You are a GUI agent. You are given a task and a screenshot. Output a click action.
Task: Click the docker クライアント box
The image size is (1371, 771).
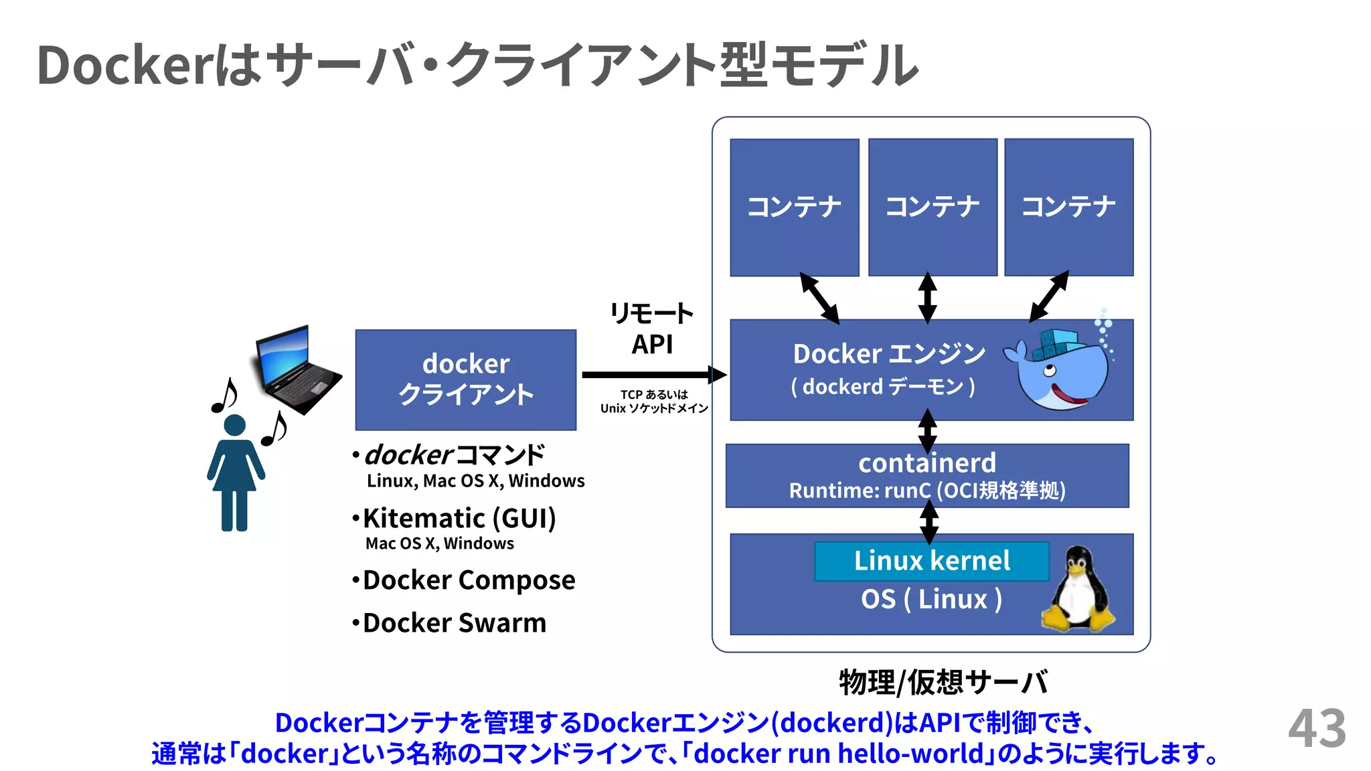click(465, 379)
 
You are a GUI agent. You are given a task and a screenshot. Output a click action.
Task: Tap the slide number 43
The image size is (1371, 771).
click(1316, 729)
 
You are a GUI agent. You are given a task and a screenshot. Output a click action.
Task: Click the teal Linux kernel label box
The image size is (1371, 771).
click(931, 561)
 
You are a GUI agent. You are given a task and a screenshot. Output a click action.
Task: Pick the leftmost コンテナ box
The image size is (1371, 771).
click(794, 207)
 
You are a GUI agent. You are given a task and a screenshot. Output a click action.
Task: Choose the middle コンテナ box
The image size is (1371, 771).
click(932, 207)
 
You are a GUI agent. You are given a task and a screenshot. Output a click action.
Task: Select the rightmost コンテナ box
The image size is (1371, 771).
click(1068, 207)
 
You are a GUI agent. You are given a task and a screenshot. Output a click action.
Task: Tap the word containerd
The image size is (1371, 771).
click(926, 463)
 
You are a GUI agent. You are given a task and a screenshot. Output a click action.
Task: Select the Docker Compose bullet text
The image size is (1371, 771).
click(468, 580)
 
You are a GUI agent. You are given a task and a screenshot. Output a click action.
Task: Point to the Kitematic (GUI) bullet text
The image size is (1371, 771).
click(459, 519)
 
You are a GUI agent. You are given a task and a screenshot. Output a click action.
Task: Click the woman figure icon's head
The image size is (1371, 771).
click(234, 426)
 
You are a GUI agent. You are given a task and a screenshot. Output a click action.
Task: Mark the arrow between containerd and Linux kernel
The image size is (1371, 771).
click(929, 522)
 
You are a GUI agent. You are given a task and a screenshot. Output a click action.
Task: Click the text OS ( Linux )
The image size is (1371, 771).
click(931, 600)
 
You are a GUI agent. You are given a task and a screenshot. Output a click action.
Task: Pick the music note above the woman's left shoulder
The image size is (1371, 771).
click(224, 395)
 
